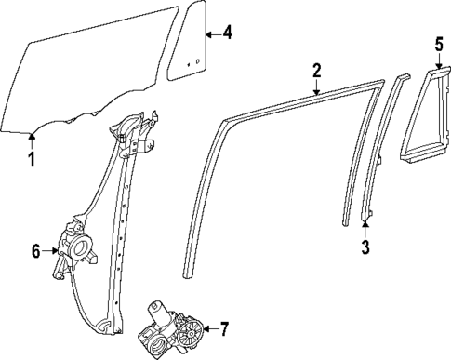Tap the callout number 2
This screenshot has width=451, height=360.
(x=316, y=70)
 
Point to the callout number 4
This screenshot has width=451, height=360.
(x=228, y=34)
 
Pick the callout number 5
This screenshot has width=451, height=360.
(x=439, y=43)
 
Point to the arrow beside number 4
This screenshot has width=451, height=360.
(x=212, y=34)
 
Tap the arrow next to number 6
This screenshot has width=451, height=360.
(x=52, y=250)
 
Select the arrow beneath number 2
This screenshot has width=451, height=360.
(x=316, y=88)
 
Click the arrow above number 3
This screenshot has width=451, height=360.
(x=365, y=223)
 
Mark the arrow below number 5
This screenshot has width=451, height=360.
(x=439, y=61)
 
